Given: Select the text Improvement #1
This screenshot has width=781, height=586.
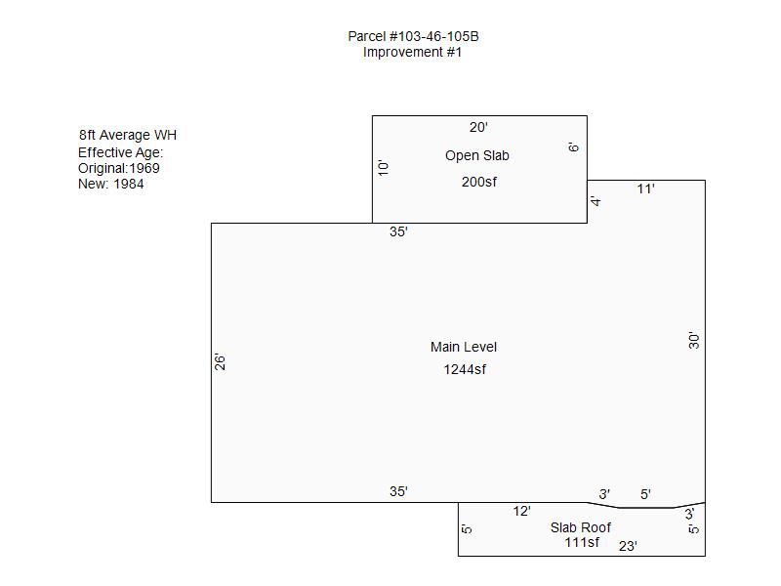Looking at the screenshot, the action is pyautogui.click(x=412, y=52).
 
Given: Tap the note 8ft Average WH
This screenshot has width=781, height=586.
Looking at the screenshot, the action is pyautogui.click(x=128, y=135).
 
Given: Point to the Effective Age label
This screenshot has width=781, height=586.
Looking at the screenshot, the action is pyautogui.click(x=120, y=152).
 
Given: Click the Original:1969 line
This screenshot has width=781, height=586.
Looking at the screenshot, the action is pyautogui.click(x=119, y=168).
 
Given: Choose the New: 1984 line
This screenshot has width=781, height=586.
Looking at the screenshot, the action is pyautogui.click(x=111, y=184).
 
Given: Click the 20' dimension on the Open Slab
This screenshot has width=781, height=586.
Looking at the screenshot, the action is pyautogui.click(x=478, y=127).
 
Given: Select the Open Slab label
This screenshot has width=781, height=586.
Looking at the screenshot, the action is pyautogui.click(x=477, y=155).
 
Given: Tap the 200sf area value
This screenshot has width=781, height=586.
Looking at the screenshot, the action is pyautogui.click(x=478, y=182).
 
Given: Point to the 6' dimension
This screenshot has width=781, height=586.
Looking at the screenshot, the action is pyautogui.click(x=573, y=147).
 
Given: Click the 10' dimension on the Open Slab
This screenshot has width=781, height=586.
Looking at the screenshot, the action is pyautogui.click(x=383, y=168).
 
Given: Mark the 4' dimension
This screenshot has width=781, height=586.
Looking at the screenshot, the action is pyautogui.click(x=596, y=201).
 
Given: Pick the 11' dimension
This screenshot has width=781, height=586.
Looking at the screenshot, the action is pyautogui.click(x=645, y=188).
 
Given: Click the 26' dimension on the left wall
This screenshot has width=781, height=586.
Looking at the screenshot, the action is pyautogui.click(x=221, y=361).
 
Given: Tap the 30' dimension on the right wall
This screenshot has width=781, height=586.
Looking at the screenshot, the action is pyautogui.click(x=694, y=340).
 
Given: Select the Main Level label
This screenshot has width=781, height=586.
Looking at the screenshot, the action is pyautogui.click(x=464, y=347).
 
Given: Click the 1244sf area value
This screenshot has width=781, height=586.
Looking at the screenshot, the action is pyautogui.click(x=465, y=369).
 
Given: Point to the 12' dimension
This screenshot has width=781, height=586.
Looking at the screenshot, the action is pyautogui.click(x=521, y=511).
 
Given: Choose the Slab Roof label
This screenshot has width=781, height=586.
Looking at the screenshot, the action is pyautogui.click(x=581, y=527).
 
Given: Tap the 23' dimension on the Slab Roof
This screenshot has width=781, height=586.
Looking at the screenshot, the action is pyautogui.click(x=628, y=546).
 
